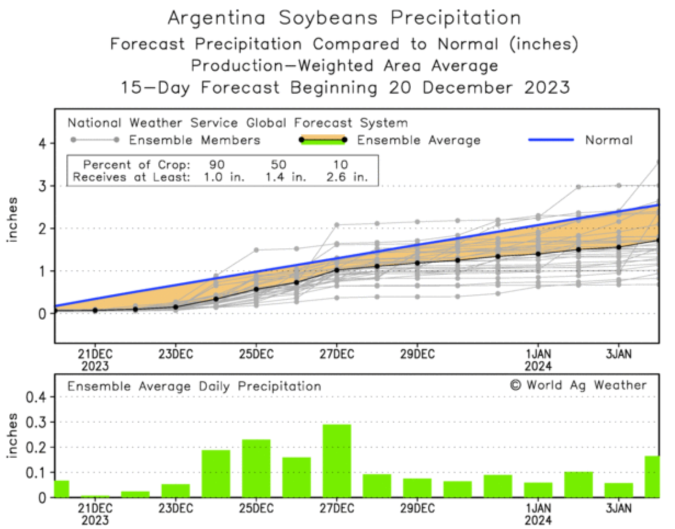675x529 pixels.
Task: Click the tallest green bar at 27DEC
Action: (x=337, y=460)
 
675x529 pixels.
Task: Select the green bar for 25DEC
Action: (x=256, y=468)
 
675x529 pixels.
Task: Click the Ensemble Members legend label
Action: (x=195, y=140)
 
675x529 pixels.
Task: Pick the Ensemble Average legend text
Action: (x=418, y=140)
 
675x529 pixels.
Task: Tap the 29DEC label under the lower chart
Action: (x=417, y=508)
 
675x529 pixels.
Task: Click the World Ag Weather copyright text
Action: (x=578, y=385)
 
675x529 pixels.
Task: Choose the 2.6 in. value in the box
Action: (x=349, y=177)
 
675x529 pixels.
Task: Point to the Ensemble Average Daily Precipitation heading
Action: (x=194, y=386)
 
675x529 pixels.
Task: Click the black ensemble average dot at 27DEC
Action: (x=337, y=270)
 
